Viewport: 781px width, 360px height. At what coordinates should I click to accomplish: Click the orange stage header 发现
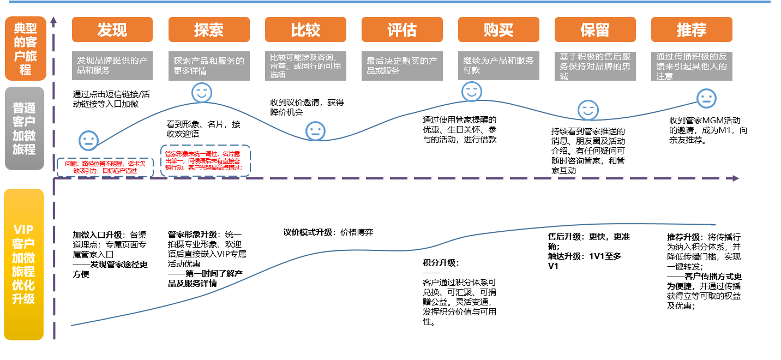click(x=112, y=29)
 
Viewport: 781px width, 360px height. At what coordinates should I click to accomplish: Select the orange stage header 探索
click(x=209, y=29)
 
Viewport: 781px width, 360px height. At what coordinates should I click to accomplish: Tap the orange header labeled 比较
click(x=305, y=29)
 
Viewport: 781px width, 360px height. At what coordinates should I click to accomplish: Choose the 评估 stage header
click(x=402, y=29)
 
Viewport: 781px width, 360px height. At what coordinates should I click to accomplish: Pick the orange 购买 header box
click(x=498, y=29)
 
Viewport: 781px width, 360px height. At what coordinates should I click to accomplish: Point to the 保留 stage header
click(x=595, y=29)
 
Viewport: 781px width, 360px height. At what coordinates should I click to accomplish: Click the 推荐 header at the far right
click(x=692, y=29)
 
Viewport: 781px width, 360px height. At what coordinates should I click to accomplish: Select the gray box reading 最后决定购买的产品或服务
click(x=402, y=66)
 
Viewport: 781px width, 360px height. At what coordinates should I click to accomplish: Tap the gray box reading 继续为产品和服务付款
click(x=498, y=66)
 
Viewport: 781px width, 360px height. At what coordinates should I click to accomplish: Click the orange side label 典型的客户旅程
click(x=26, y=49)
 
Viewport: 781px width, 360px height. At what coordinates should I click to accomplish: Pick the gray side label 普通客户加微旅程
click(x=26, y=128)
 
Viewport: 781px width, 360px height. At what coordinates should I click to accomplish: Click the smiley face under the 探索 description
click(x=201, y=93)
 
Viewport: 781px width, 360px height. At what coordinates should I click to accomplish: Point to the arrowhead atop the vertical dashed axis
click(x=53, y=21)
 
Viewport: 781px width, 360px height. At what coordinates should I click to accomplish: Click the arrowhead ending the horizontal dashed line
click(x=736, y=178)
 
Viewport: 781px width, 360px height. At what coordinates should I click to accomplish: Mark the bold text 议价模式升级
click(x=307, y=232)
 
